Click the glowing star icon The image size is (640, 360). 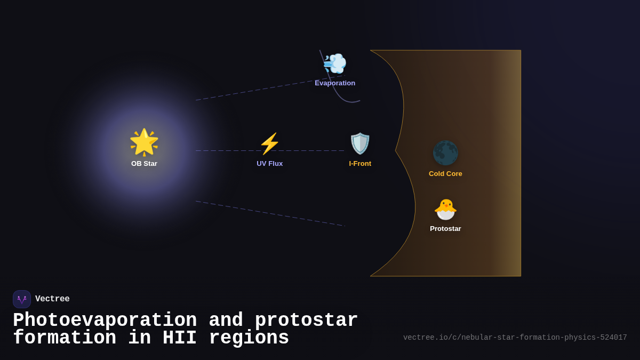[144, 142]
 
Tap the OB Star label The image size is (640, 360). [144, 164]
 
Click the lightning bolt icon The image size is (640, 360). [269, 143]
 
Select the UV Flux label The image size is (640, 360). [269, 164]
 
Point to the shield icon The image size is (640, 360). [360, 143]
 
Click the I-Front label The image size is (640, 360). [360, 164]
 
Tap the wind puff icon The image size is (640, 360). [335, 64]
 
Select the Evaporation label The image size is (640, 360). [335, 83]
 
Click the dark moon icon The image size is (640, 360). [445, 153]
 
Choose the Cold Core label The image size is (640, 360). [445, 174]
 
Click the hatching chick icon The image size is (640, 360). [445, 209]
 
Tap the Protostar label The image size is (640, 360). [445, 229]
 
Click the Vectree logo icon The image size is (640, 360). [22, 299]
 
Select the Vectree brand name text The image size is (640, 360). [52, 299]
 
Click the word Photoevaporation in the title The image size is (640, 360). [105, 321]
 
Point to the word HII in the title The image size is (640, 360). [180, 338]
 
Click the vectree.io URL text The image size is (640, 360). [515, 338]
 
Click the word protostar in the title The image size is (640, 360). [306, 321]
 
